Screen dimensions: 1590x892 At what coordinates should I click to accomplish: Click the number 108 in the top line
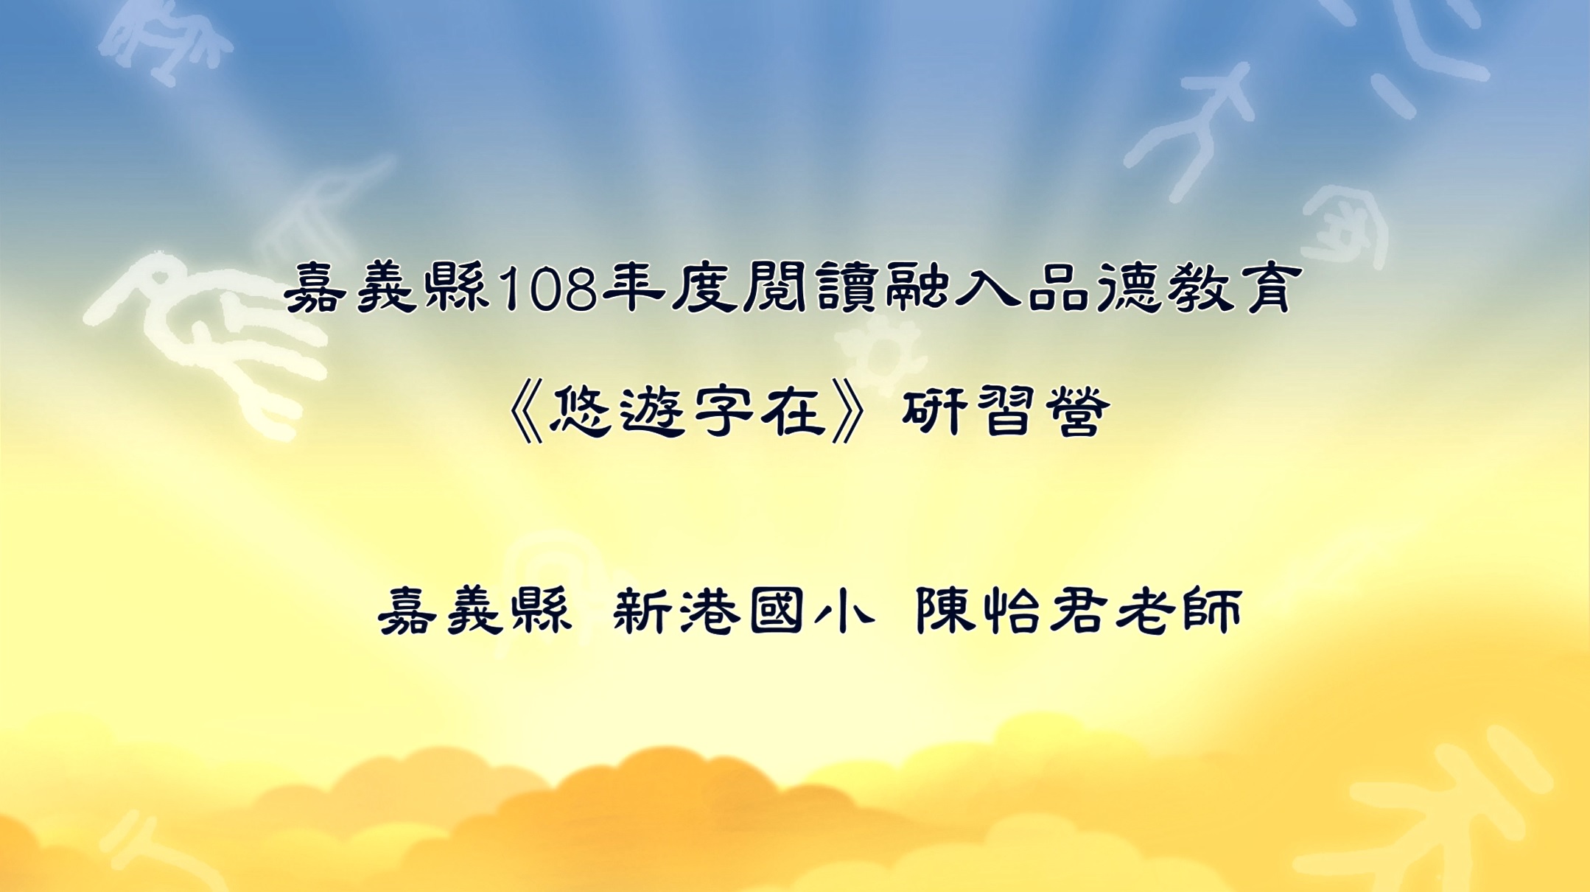pyautogui.click(x=547, y=289)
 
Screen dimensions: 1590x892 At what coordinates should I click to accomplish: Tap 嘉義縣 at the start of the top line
pyautogui.click(x=388, y=289)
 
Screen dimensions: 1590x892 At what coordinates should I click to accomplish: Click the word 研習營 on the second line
pyautogui.click(x=1006, y=410)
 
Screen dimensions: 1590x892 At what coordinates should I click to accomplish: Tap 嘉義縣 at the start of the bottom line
pyautogui.click(x=475, y=611)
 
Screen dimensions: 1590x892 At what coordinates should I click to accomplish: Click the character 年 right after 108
pyautogui.click(x=634, y=288)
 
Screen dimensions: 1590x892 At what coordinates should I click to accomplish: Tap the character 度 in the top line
pyautogui.click(x=704, y=288)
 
